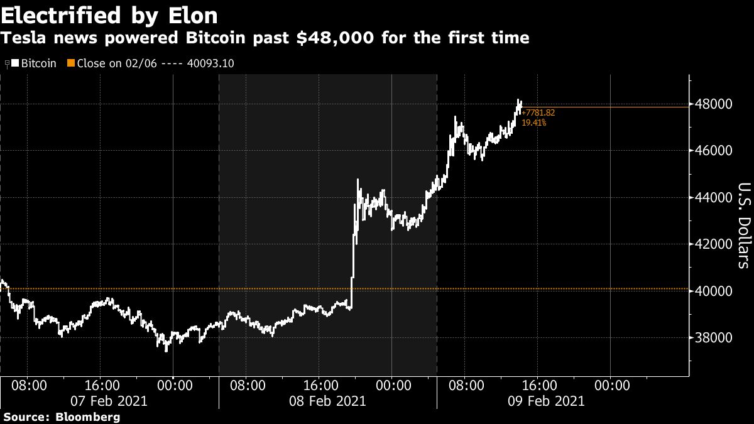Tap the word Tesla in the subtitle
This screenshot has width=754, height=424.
(x=23, y=38)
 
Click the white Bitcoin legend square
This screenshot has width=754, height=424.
(x=16, y=63)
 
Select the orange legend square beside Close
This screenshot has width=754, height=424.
(x=71, y=63)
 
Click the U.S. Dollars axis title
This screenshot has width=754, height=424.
(x=743, y=225)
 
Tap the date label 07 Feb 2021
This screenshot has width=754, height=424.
(x=109, y=401)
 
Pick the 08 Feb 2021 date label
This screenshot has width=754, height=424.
(x=327, y=401)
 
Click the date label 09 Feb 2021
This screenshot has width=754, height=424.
(x=545, y=401)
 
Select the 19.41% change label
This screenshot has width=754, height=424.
(x=534, y=123)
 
